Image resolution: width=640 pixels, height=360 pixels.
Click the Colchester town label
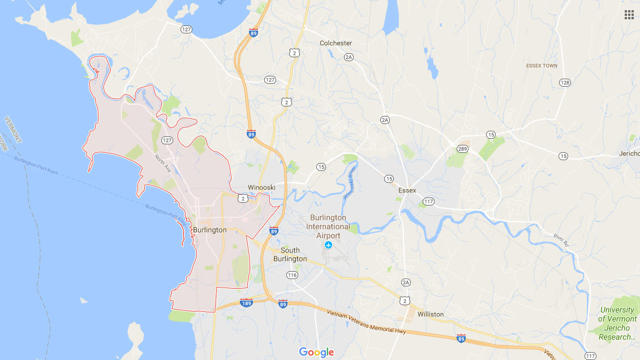coord(336,43)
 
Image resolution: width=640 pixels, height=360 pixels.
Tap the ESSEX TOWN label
coord(542,66)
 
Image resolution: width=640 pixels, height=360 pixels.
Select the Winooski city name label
coord(261,187)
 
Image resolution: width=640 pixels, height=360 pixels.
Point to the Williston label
coord(430,314)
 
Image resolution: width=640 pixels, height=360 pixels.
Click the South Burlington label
coord(290,255)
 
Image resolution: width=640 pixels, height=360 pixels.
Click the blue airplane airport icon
coord(328,245)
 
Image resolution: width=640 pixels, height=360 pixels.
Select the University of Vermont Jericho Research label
coord(617,323)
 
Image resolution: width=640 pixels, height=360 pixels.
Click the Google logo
coord(317,352)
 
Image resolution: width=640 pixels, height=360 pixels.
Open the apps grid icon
coord(629,15)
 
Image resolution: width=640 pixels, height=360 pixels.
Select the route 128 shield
coord(564,83)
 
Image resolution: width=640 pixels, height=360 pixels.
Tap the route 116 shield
coord(292,275)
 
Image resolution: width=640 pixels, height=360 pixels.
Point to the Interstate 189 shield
coord(246,303)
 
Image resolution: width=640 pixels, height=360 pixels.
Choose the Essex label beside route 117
coord(407,191)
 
